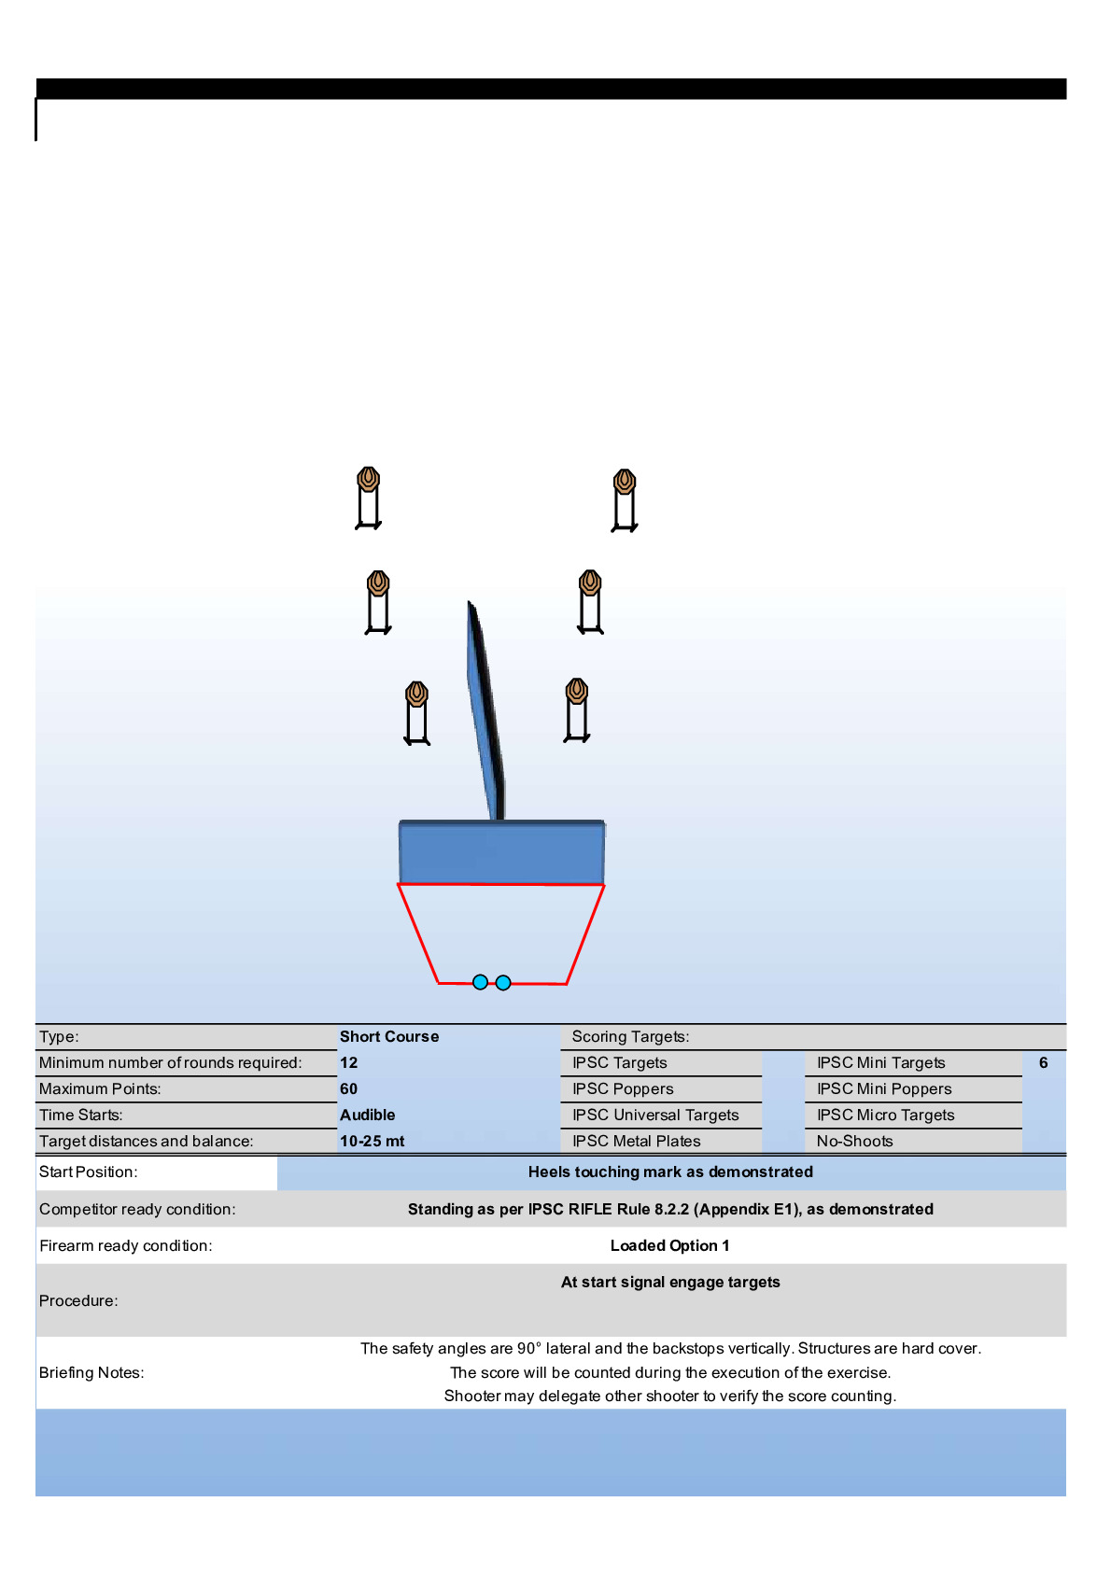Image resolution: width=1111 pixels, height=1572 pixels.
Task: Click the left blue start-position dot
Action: (480, 982)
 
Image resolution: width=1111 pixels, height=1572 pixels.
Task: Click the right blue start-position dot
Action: (503, 982)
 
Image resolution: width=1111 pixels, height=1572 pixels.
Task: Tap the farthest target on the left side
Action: (369, 498)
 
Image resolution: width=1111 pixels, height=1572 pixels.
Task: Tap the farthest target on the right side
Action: (625, 500)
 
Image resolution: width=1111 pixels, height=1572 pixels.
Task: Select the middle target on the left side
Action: (378, 602)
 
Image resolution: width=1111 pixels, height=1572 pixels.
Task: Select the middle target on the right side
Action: (590, 601)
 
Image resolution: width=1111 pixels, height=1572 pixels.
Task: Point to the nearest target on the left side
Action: (417, 713)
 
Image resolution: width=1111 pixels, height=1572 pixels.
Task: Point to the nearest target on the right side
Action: (577, 710)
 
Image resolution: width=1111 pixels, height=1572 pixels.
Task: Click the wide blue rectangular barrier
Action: (501, 851)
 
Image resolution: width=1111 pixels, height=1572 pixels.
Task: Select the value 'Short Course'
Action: (389, 1036)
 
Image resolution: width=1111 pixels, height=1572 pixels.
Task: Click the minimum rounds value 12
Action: (349, 1062)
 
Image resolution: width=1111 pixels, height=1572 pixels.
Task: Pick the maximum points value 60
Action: (349, 1088)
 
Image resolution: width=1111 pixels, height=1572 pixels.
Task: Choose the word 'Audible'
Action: (367, 1115)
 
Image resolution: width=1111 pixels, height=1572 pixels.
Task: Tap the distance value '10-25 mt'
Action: (372, 1141)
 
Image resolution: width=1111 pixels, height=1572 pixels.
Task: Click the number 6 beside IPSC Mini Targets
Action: (1044, 1062)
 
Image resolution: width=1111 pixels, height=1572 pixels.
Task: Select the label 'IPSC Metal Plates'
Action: (637, 1141)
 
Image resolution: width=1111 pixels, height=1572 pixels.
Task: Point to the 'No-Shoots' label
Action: (855, 1141)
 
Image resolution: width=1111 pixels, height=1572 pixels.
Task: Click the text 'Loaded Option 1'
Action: (670, 1245)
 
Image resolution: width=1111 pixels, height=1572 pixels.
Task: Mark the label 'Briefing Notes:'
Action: (91, 1372)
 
